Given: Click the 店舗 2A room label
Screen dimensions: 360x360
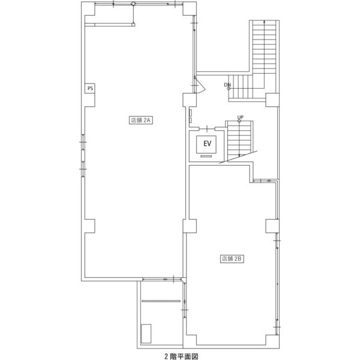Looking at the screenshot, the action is tap(141, 120).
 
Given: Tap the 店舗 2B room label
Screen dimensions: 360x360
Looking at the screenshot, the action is tap(232, 259).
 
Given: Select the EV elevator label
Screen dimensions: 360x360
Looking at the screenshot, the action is tap(207, 144).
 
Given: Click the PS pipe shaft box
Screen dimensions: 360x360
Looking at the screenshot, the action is tap(90, 88).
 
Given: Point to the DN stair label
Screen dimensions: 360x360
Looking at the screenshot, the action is tap(227, 85).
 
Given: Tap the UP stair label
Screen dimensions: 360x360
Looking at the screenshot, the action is tap(241, 118).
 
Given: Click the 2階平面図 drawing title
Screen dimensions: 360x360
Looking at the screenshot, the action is tap(181, 356).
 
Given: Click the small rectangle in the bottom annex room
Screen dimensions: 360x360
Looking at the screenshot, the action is tap(146, 334).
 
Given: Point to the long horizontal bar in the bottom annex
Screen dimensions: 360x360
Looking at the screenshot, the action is tap(161, 301).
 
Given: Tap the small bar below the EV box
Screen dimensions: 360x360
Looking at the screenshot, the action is tap(206, 157).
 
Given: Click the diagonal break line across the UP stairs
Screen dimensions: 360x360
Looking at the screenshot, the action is tap(238, 157).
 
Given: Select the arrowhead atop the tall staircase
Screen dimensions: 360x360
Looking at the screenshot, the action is tap(264, 22).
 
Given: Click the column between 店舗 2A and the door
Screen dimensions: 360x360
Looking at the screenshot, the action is tap(190, 100).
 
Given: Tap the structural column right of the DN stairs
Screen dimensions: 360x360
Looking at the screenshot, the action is tap(272, 100).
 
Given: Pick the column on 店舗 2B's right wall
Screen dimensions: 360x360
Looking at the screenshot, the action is tap(272, 226).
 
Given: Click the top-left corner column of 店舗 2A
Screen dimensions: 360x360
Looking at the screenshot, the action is tap(88, 9).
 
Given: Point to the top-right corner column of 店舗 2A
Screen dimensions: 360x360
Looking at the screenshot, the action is tap(190, 9).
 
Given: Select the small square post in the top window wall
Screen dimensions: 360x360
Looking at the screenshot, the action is tap(133, 4).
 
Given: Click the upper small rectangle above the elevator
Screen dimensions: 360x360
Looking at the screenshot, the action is tap(191, 113).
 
